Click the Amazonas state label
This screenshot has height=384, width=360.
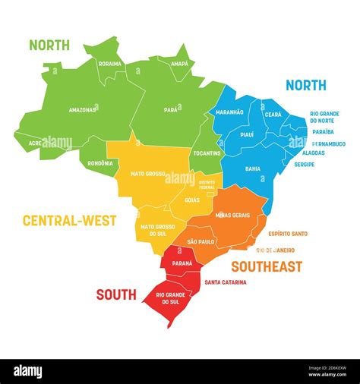pyautogui.click(x=82, y=110)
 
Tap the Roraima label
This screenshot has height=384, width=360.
pyautogui.click(x=110, y=64)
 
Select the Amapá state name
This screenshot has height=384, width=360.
pyautogui.click(x=180, y=65)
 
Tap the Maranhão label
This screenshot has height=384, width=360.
pyautogui.click(x=229, y=112)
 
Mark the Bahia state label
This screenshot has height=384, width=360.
pyautogui.click(x=253, y=168)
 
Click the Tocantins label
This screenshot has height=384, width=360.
pyautogui.click(x=207, y=153)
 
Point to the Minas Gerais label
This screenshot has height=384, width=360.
pyautogui.click(x=232, y=215)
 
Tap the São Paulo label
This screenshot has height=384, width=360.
pyautogui.click(x=201, y=241)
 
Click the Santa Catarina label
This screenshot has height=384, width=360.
pyautogui.click(x=225, y=282)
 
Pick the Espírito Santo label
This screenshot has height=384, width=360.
pyautogui.click(x=283, y=234)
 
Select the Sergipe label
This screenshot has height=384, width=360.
pyautogui.click(x=305, y=163)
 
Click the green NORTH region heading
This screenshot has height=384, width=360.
pyautogui.click(x=49, y=45)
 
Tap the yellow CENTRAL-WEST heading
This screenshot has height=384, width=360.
pyautogui.click(x=69, y=221)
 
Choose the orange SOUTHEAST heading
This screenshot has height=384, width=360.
pyautogui.click(x=266, y=266)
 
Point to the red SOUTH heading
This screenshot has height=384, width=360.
pyautogui.click(x=116, y=294)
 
